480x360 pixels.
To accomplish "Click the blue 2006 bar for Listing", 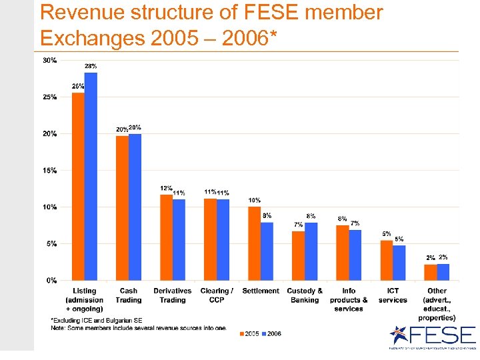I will click(91, 177).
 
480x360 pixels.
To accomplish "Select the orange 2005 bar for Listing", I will click(78, 187).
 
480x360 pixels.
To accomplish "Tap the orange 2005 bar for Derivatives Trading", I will click(166, 237).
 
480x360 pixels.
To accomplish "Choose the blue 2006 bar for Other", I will click(443, 272).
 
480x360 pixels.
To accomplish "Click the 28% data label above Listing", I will click(91, 66).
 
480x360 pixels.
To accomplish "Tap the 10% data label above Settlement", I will click(254, 200).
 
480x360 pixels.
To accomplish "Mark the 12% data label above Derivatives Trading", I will click(166, 188).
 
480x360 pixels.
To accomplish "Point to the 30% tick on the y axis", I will click(50, 61).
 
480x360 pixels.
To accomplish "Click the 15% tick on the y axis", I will click(50, 171).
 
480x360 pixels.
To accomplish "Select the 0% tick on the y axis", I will click(51, 281).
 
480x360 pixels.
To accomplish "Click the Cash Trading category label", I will click(129, 295).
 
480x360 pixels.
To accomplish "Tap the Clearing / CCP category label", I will click(217, 295).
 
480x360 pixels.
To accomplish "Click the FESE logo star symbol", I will click(399, 335).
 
